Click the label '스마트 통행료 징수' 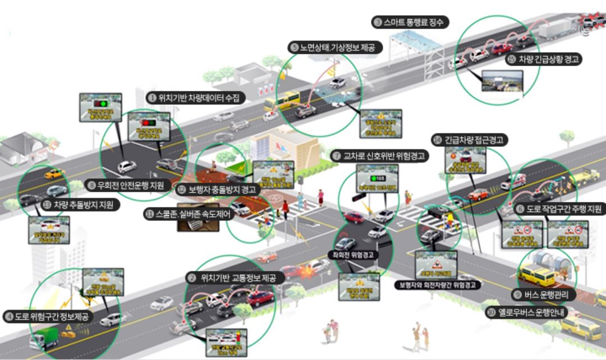click(411, 23)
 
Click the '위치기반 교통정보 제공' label click(236, 277)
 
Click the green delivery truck click(43, 338)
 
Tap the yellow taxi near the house click(54, 174)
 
